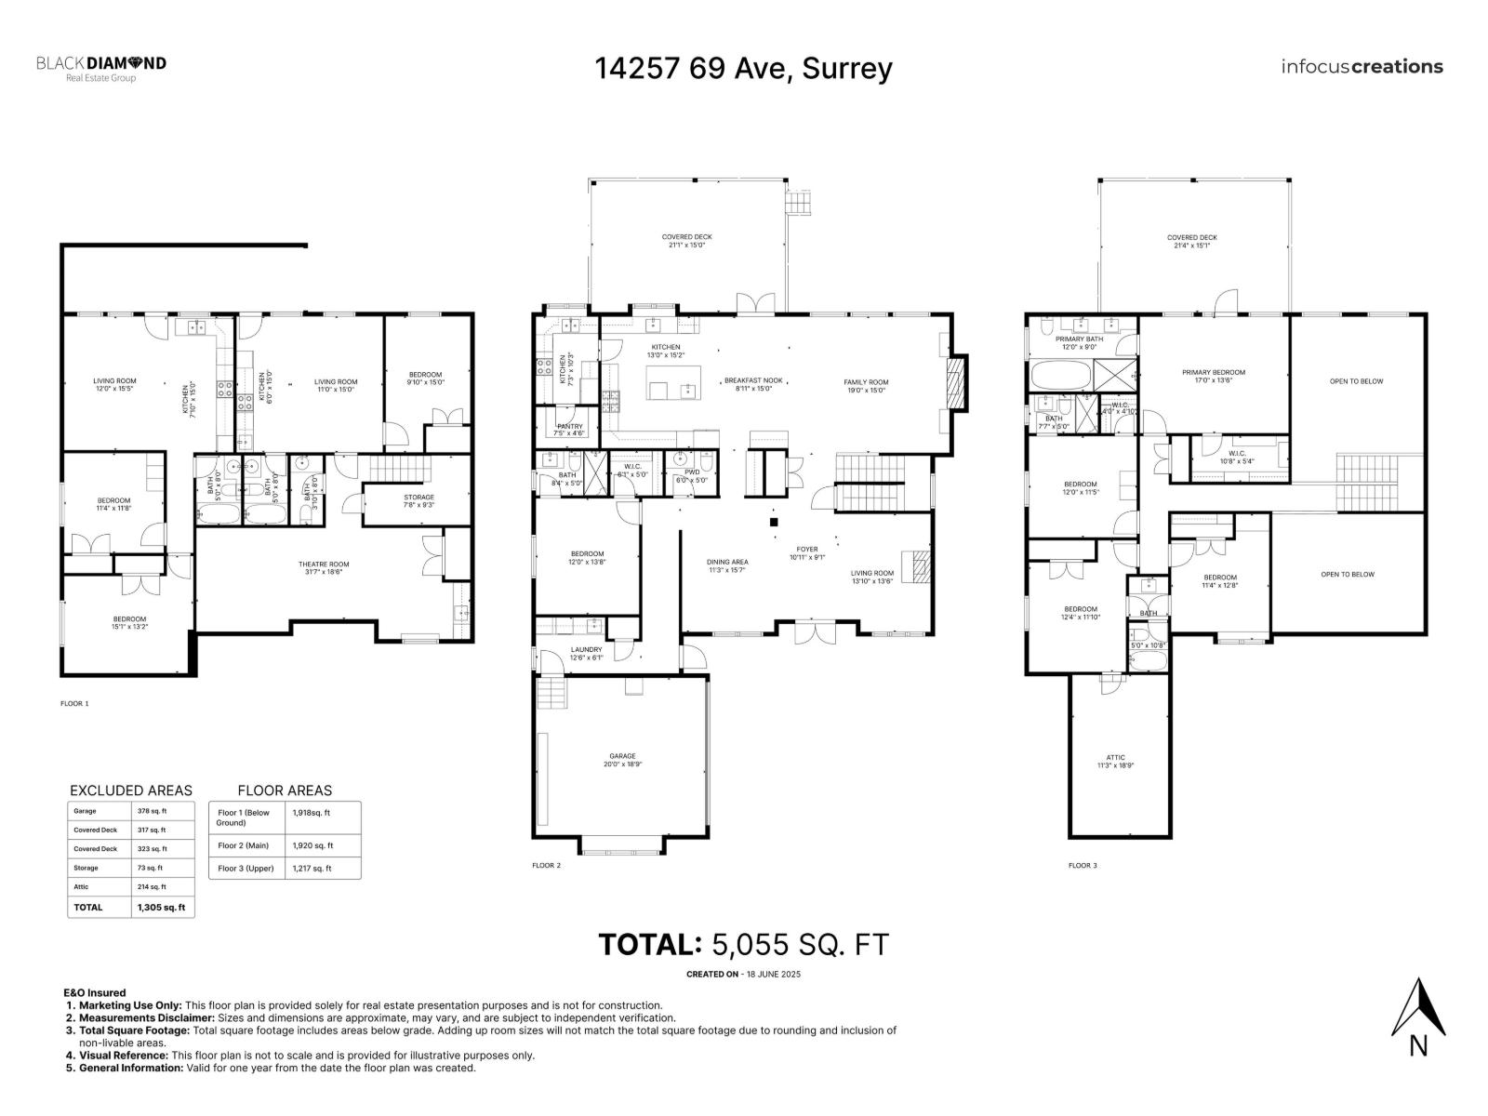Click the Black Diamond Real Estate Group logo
click(x=101, y=68)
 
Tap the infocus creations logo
click(x=1362, y=66)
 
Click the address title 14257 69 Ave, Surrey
click(x=743, y=68)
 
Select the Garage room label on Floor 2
click(x=622, y=756)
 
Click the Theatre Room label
click(x=324, y=565)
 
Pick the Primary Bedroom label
click(x=1214, y=372)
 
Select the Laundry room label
click(x=586, y=649)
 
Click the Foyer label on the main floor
click(x=806, y=550)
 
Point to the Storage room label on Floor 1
click(x=418, y=497)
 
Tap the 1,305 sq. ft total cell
click(x=161, y=907)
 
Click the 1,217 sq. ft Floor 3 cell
click(x=312, y=868)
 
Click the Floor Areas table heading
click(x=285, y=790)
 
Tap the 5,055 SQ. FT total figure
click(x=799, y=945)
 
